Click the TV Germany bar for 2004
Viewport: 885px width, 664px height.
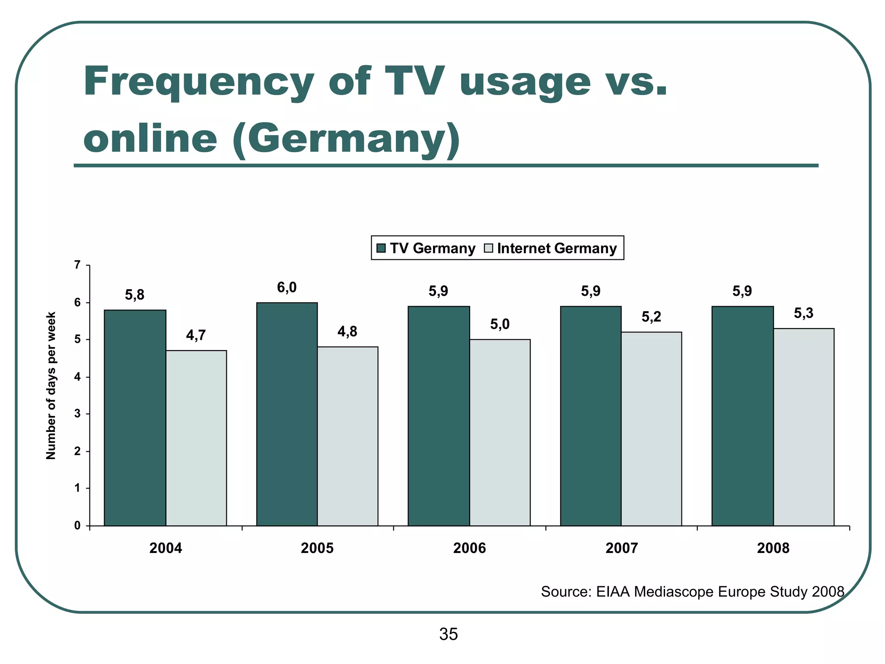[135, 418]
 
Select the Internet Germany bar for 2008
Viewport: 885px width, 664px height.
[803, 427]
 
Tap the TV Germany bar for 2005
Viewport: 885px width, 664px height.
[287, 414]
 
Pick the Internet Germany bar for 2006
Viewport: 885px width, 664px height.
[500, 432]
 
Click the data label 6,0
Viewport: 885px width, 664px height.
[287, 287]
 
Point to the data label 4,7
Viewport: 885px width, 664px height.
[196, 335]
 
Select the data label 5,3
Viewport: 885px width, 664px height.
[803, 313]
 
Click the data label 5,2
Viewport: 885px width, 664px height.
[651, 317]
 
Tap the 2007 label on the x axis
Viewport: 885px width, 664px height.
[621, 549]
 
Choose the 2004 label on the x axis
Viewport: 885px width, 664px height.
[166, 549]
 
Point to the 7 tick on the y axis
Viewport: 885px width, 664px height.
[77, 265]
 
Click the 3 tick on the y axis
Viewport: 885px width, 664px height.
[77, 414]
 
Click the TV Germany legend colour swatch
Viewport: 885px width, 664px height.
[381, 248]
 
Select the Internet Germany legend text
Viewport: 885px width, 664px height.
[557, 249]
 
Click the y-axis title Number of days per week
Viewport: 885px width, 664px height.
[51, 386]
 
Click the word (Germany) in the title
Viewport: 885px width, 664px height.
[346, 139]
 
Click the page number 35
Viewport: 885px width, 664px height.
[448, 634]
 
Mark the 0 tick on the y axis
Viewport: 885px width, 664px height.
[77, 526]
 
